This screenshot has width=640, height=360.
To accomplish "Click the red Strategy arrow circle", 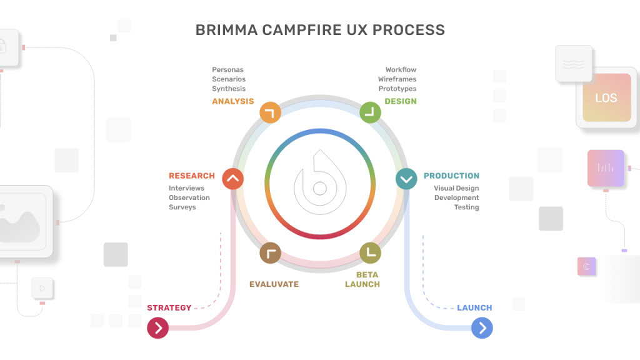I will click(x=158, y=327).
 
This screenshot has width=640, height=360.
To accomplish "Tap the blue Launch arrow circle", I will click(x=482, y=327).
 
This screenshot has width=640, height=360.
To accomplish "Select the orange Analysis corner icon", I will click(x=270, y=112).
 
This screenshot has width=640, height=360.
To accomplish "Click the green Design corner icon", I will click(x=371, y=112).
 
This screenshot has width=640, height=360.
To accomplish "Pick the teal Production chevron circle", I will click(x=406, y=179).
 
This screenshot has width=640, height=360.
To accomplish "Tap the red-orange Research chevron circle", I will click(x=232, y=179).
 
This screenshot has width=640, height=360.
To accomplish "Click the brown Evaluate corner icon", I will click(x=270, y=252).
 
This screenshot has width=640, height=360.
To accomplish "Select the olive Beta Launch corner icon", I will click(x=371, y=252).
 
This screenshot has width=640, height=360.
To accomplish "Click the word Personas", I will click(x=227, y=69).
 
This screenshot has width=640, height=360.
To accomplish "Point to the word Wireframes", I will click(x=397, y=79).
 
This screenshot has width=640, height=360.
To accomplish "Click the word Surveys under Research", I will click(x=182, y=207).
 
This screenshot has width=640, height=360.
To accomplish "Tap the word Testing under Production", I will click(x=466, y=207).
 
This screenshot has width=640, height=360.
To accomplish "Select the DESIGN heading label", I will click(x=400, y=101).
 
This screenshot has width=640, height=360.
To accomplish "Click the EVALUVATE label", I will click(x=274, y=284).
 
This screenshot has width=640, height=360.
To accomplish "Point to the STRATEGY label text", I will click(x=169, y=307).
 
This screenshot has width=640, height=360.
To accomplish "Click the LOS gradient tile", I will click(x=606, y=97).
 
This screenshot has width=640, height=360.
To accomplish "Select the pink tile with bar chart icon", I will click(x=605, y=167).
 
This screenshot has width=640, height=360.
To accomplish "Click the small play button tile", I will click(x=42, y=288).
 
